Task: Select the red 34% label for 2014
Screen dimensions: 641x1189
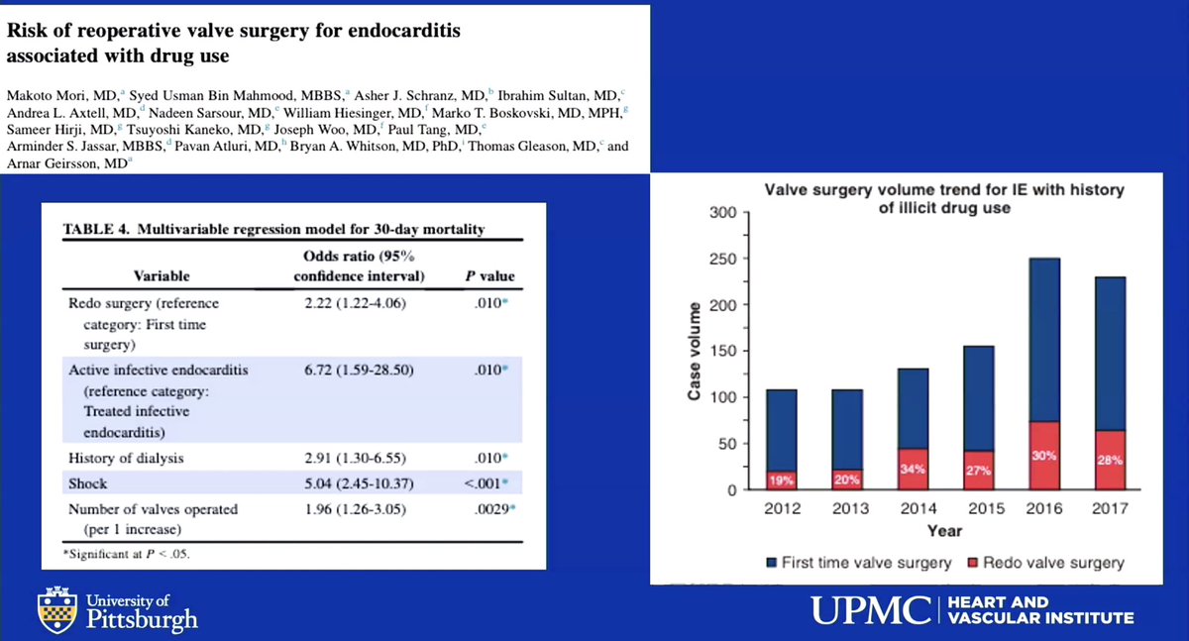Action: click(x=912, y=470)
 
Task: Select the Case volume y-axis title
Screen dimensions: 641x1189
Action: click(x=695, y=352)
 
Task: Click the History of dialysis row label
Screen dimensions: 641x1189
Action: click(x=126, y=459)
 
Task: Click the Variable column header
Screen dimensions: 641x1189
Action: click(x=162, y=276)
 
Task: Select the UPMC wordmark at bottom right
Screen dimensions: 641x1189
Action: click(x=870, y=609)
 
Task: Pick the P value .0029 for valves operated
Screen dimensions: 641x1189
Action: click(x=488, y=509)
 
